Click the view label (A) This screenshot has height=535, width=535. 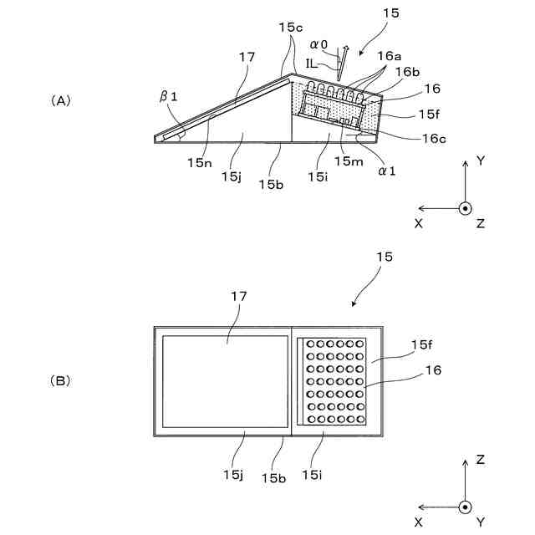61,100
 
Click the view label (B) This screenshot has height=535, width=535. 61,380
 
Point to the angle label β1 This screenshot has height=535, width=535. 169,98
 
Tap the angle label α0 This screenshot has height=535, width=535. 318,44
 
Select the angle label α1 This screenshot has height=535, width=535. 385,171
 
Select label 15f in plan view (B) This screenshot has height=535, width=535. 421,344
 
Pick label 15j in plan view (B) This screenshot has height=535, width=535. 232,475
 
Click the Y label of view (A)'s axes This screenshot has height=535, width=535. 481,160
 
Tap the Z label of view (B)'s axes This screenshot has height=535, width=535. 481,460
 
